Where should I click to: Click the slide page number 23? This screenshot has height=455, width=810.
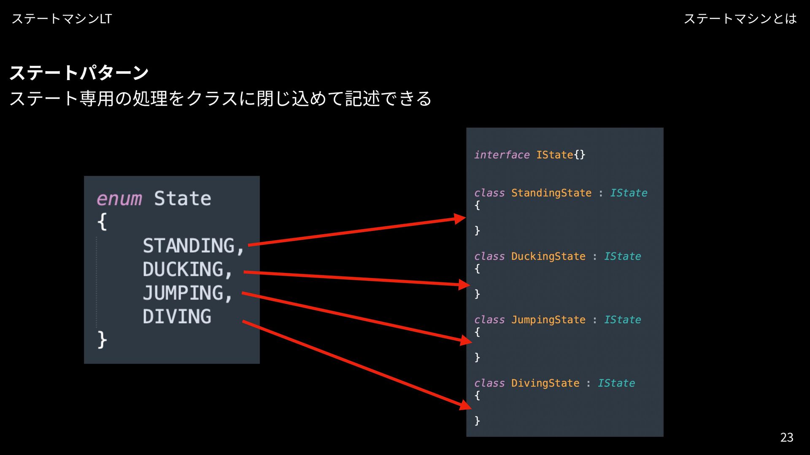tap(786, 437)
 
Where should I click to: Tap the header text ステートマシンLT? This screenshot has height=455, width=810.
tap(62, 19)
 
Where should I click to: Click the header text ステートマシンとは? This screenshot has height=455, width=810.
tap(740, 19)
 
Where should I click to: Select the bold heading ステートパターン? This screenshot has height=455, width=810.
tap(79, 73)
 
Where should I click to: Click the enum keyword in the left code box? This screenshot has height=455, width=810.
tap(119, 199)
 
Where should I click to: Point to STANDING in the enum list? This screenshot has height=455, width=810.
tap(188, 246)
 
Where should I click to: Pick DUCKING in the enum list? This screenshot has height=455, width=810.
tap(183, 270)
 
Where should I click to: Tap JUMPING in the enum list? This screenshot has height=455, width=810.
tap(183, 293)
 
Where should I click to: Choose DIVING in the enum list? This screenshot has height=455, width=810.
tap(177, 317)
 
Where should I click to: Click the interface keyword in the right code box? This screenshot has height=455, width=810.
tap(502, 155)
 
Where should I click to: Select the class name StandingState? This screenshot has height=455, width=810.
tap(551, 193)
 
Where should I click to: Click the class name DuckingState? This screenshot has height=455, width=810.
tap(548, 257)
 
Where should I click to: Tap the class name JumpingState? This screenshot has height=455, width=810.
tap(548, 320)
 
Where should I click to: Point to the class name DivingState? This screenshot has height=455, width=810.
tap(545, 383)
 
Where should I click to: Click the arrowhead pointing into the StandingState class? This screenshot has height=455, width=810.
tap(460, 219)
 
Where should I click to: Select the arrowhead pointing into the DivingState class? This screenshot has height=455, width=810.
tap(465, 405)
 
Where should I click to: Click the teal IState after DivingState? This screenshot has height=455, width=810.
tap(616, 383)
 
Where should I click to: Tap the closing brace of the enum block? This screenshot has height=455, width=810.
tap(102, 340)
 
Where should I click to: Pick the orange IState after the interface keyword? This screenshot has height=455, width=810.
tap(554, 155)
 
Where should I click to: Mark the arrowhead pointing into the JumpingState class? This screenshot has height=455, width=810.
tap(466, 340)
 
